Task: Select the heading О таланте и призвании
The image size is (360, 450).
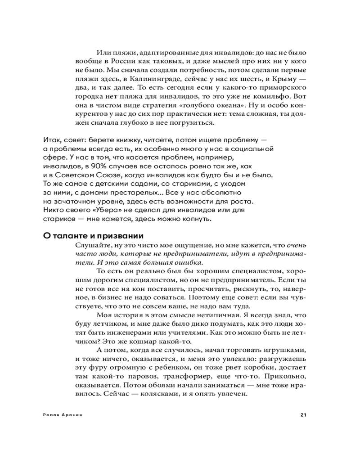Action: pyautogui.click(x=93, y=236)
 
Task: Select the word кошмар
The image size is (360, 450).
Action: pyautogui.click(x=143, y=342)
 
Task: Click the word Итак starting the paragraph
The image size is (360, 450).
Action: pyautogui.click(x=52, y=140)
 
